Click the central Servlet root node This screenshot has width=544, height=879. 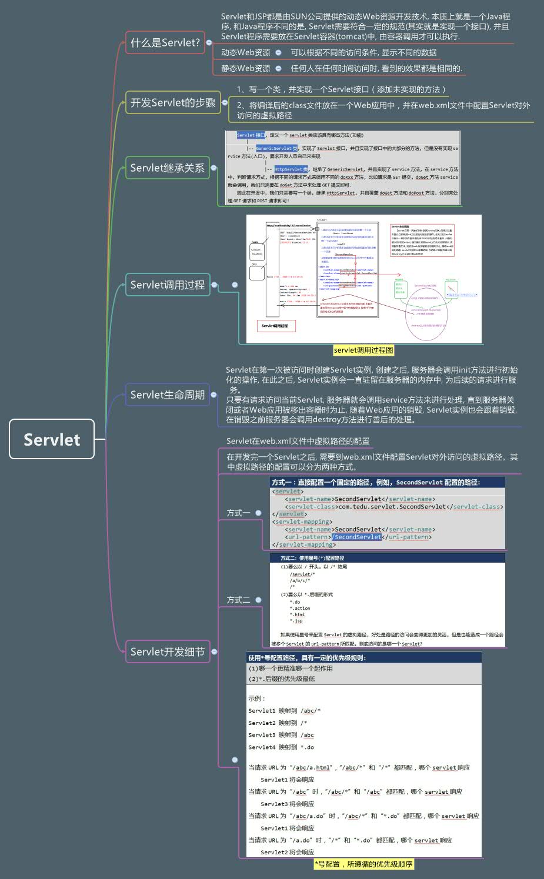point(52,439)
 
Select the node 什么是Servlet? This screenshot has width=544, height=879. point(165,42)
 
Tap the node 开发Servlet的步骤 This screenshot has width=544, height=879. point(173,102)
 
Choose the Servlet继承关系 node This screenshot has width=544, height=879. point(167,168)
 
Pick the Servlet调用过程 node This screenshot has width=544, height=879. point(167,285)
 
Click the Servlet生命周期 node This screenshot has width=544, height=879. point(167,395)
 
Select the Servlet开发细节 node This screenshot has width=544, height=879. point(167,651)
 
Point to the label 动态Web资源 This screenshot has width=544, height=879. point(245,52)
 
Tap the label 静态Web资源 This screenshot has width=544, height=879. point(245,68)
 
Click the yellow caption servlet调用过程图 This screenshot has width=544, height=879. point(363,350)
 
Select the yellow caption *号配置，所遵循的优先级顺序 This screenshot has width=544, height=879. point(363,864)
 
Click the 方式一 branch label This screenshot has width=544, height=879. point(238,513)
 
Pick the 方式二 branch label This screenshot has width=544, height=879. point(238,600)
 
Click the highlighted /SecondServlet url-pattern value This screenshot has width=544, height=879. point(356,537)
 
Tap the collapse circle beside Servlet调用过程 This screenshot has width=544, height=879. point(215,285)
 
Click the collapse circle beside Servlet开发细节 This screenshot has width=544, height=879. point(215,651)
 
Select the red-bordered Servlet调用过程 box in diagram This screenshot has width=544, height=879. point(275,326)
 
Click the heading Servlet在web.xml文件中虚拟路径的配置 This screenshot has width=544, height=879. point(298,441)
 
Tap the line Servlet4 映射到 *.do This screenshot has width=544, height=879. point(281,747)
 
